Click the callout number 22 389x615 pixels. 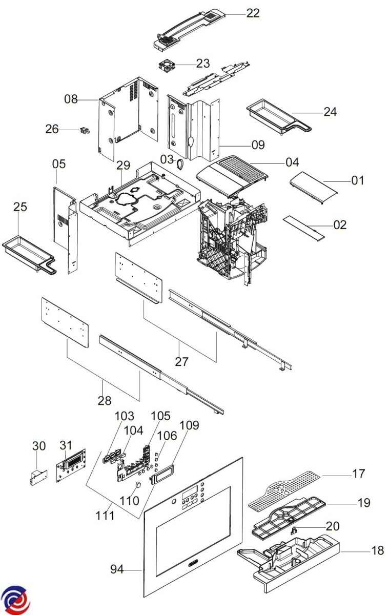[253, 13]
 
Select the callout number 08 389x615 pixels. [71, 99]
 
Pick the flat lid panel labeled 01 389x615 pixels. [314, 188]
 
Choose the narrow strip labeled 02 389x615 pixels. [304, 228]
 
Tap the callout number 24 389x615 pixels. [330, 111]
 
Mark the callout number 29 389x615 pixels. [123, 166]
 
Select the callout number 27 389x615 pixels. [181, 361]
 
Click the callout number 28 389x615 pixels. [105, 400]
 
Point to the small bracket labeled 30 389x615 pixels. [36, 477]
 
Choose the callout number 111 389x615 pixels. [105, 516]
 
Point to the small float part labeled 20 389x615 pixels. [295, 530]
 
